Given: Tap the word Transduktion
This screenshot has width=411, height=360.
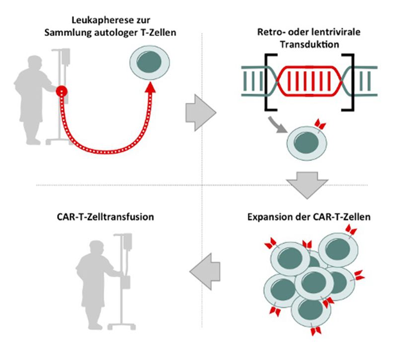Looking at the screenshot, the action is point(309,44).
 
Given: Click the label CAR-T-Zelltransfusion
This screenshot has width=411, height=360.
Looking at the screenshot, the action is point(105,217).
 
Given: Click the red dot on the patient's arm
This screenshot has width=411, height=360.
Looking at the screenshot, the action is point(62,91).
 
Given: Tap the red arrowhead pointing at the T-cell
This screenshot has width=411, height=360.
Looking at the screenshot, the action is point(150,87).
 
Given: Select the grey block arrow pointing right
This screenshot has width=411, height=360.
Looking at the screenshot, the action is point(201,113).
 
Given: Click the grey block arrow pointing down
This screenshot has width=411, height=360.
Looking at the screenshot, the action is point(307,185).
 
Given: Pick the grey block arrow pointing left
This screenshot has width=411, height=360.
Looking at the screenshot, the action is point(205,272).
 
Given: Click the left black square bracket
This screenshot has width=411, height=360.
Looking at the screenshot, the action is point(270,82).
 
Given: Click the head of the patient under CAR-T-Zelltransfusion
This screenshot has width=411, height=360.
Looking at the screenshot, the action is point(96,247).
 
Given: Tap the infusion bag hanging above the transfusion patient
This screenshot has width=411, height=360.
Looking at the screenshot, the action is point(128,242).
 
